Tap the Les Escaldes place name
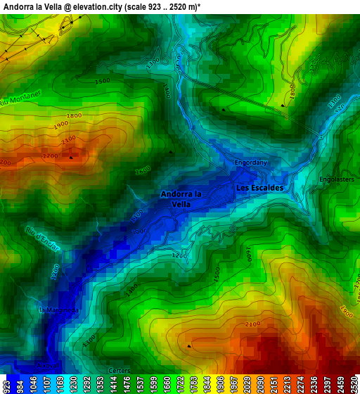[259, 188]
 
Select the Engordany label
[251, 163]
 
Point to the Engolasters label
[336, 179]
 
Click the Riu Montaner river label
[21, 98]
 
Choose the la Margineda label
[59, 310]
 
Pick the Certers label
[120, 370]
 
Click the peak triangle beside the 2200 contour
[71, 158]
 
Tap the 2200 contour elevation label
[50, 156]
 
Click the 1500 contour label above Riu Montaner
[102, 82]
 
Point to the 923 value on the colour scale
[7, 386]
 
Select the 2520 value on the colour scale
[352, 386]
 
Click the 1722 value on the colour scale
[180, 386]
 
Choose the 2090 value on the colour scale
[266, 386]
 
